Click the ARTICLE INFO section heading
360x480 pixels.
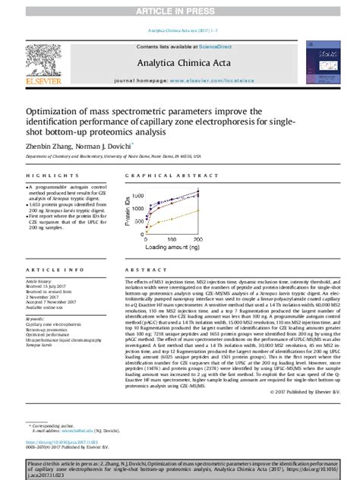click(x=54, y=270)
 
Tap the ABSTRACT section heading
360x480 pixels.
click(x=141, y=270)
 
